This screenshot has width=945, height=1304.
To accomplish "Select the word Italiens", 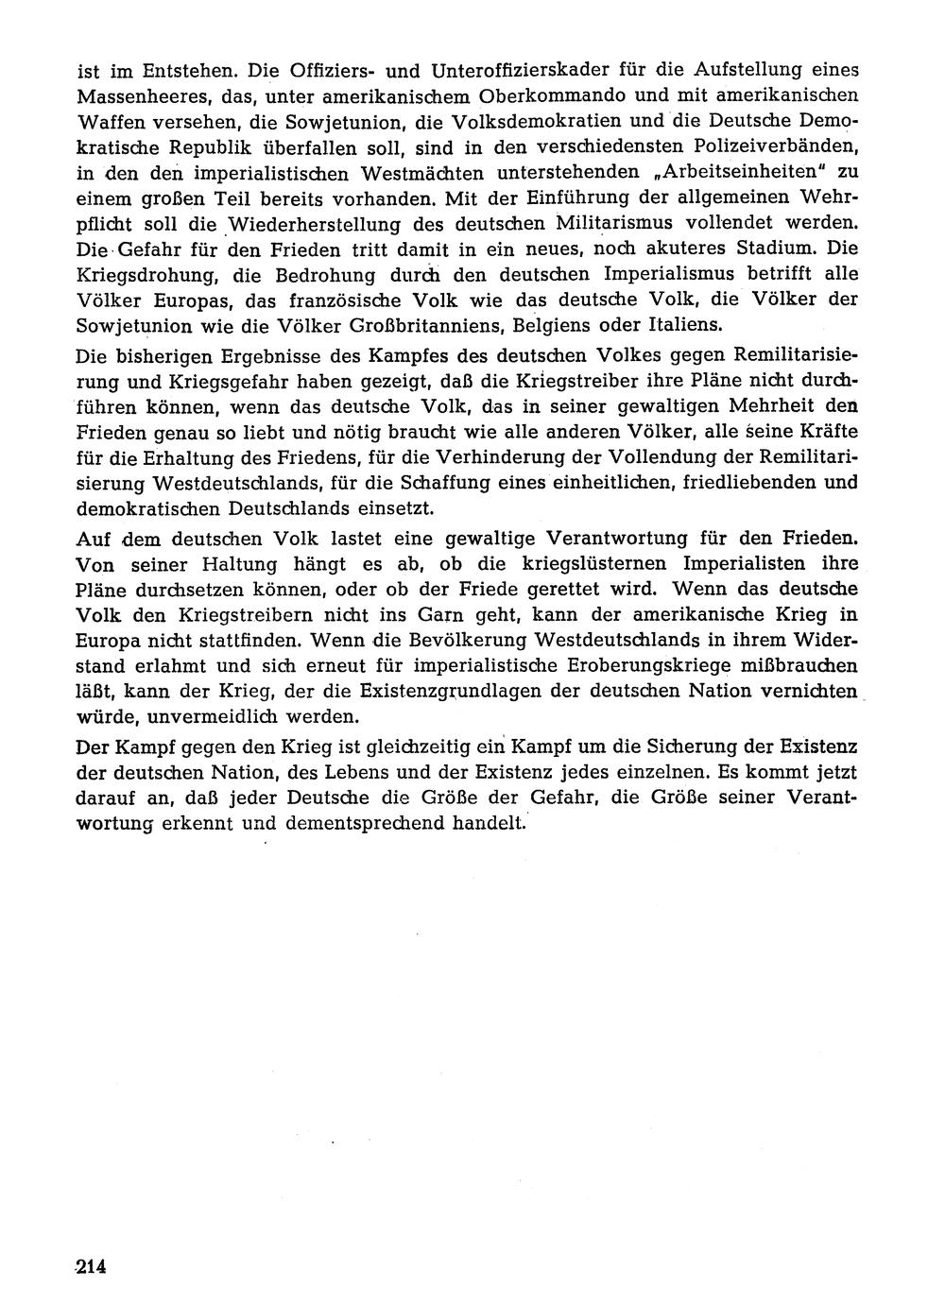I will coord(677,326).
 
